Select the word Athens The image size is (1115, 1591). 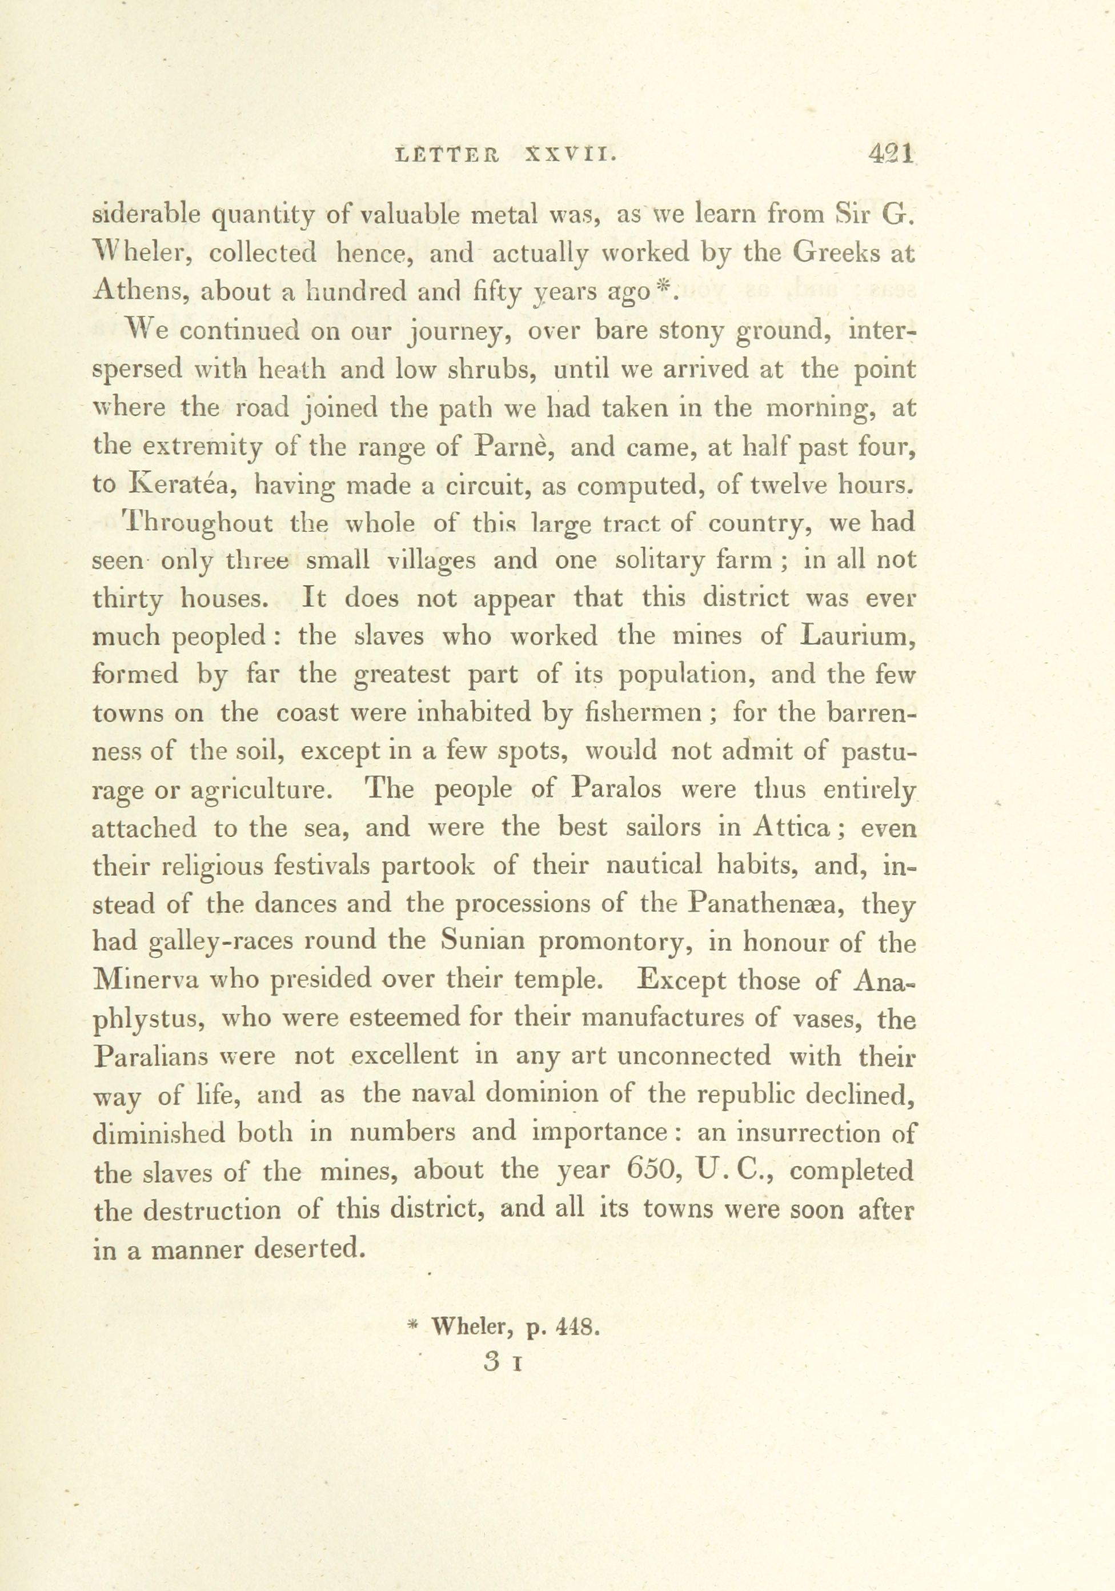coord(137,291)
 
